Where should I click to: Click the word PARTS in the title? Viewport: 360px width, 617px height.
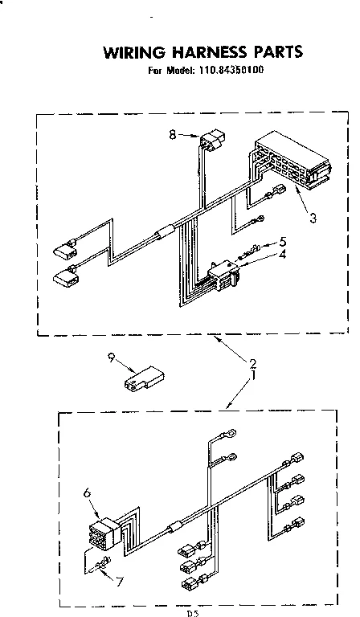274,53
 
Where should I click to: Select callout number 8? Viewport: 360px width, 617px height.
172,135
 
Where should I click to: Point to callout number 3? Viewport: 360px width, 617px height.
313,216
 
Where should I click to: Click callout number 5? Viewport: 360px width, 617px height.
283,241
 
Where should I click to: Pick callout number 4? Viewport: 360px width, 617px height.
283,255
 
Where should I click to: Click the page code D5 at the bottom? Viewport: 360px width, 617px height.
192,613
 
